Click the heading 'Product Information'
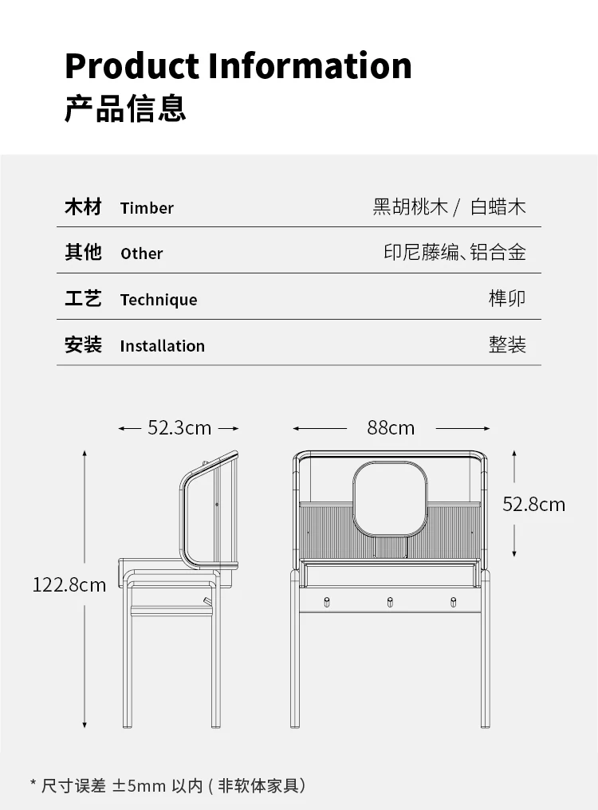pyautogui.click(x=238, y=65)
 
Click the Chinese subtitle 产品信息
pyautogui.click(x=125, y=108)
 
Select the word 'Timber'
pyautogui.click(x=147, y=208)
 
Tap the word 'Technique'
pyautogui.click(x=159, y=300)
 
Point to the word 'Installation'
pyautogui.click(x=162, y=346)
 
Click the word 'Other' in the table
pyautogui.click(x=141, y=254)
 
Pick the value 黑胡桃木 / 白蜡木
pyautogui.click(x=449, y=207)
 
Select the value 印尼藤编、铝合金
pyautogui.click(x=454, y=253)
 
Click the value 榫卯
pyautogui.click(x=507, y=299)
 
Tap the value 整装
pyautogui.click(x=507, y=345)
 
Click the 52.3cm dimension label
pyautogui.click(x=179, y=428)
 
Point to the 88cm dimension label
pyautogui.click(x=391, y=428)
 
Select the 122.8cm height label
pyautogui.click(x=69, y=585)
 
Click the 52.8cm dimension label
pyautogui.click(x=533, y=504)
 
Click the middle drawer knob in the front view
pyautogui.click(x=391, y=601)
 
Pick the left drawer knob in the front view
pyautogui.click(x=327, y=601)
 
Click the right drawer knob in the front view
pyautogui.click(x=454, y=601)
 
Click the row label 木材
pyautogui.click(x=83, y=207)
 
